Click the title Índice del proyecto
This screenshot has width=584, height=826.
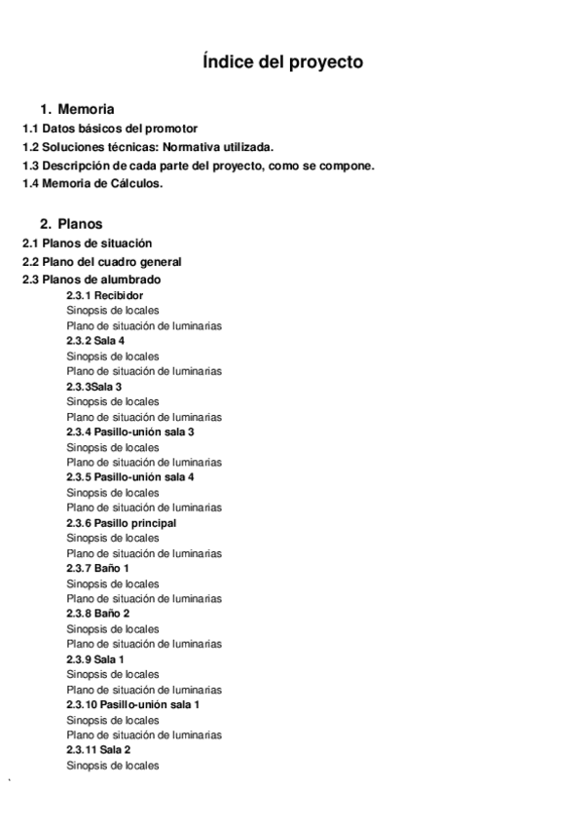click(283, 62)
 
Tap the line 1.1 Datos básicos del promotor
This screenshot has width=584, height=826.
click(110, 129)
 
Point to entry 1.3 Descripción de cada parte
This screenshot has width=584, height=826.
click(199, 166)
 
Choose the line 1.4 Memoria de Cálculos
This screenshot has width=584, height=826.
click(93, 184)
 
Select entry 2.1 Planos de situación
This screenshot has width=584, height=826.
click(88, 243)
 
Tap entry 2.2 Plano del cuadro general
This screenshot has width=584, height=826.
click(102, 262)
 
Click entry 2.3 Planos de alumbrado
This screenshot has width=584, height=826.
click(92, 281)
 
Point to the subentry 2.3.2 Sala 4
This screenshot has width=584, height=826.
click(95, 341)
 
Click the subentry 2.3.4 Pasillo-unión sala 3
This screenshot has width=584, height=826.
click(130, 432)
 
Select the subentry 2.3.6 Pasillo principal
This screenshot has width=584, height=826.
click(122, 523)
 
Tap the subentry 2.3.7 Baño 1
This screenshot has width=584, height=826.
click(97, 568)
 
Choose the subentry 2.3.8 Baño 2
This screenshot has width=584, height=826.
click(97, 614)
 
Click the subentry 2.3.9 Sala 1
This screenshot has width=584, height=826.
click(95, 659)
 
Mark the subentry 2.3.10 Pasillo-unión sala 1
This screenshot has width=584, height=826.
click(133, 704)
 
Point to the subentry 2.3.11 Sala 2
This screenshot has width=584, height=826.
click(98, 750)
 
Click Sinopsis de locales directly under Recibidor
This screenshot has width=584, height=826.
click(113, 311)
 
